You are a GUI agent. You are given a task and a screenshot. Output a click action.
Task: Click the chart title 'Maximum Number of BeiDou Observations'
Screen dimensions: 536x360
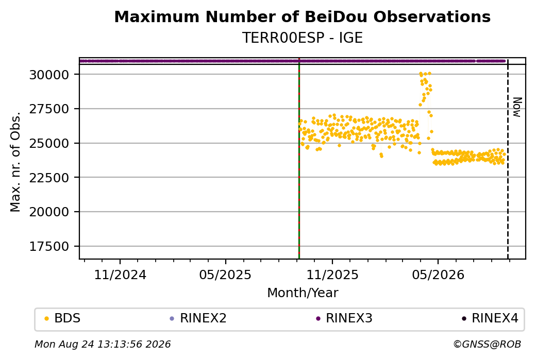coord(302,16)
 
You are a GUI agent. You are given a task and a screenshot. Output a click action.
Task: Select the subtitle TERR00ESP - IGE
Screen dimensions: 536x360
coord(302,38)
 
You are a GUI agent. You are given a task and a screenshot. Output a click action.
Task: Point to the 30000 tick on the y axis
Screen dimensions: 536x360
coord(49,75)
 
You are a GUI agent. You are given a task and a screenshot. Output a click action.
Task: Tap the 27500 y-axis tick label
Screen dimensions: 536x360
coord(49,109)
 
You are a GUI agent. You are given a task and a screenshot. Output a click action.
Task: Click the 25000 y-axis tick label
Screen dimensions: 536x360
coord(49,143)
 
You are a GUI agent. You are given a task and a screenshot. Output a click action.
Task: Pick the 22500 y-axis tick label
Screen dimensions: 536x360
coord(49,178)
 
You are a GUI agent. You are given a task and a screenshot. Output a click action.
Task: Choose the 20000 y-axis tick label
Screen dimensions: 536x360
coord(49,212)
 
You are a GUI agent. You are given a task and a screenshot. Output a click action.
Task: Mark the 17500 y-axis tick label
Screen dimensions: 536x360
coord(49,246)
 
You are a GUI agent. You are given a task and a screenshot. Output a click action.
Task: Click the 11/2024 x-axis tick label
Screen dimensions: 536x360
coord(120,275)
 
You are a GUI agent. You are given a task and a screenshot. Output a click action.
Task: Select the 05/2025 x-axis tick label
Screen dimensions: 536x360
coord(226,275)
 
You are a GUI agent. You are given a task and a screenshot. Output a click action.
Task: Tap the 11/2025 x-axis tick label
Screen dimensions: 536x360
coord(332,275)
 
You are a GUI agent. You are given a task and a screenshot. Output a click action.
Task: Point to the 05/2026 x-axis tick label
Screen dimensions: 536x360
coord(438,275)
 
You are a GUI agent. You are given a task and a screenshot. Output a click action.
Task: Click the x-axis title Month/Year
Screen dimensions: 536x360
coord(303,293)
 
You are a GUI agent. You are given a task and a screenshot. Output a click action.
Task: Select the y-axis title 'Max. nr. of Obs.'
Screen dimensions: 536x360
coord(15,162)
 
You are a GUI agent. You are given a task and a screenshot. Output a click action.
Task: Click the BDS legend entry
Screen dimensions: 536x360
coord(62,318)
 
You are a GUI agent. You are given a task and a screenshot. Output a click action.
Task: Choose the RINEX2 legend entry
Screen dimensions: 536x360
coord(198,318)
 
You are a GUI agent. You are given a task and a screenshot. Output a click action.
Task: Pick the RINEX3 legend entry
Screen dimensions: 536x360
coord(344,318)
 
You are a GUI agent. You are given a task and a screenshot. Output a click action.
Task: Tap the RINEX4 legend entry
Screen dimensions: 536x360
coord(490,318)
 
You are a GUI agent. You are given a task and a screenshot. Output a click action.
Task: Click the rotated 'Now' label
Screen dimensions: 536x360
coord(517,107)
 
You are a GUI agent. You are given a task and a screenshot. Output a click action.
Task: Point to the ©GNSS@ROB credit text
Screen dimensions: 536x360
coord(487,344)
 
